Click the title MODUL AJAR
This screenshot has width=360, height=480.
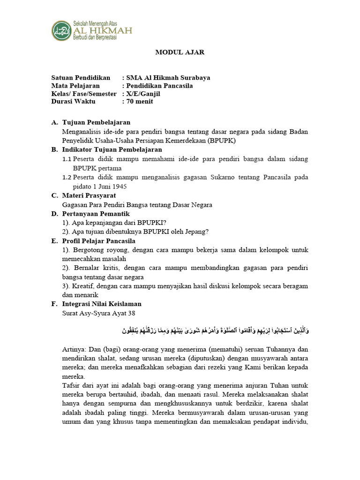(x=180, y=52)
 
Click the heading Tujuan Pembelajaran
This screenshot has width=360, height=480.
(x=96, y=122)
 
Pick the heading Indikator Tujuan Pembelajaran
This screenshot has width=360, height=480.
(x=112, y=150)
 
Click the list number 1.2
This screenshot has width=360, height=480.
(x=67, y=177)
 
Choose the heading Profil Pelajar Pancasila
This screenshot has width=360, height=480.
(x=99, y=241)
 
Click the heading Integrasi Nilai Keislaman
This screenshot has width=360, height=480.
(x=102, y=304)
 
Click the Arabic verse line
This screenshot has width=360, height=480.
(x=213, y=331)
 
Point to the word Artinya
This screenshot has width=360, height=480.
(x=74, y=350)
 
